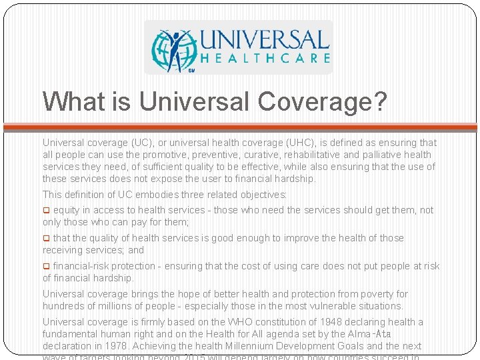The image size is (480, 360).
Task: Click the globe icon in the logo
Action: [x=171, y=49]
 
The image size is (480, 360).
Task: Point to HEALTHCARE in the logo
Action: [x=265, y=58]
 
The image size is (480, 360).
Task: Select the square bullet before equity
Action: [x=46, y=210]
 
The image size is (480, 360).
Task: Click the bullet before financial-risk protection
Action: [x=46, y=266]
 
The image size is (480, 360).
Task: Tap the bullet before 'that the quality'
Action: [x=46, y=238]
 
